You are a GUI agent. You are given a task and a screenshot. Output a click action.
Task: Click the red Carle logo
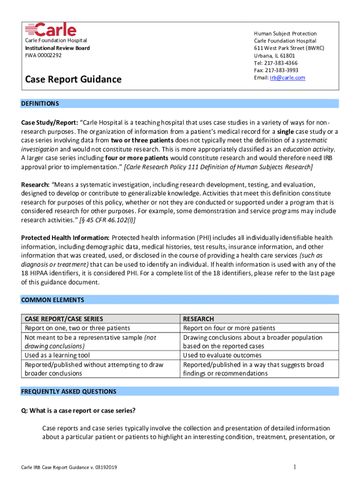tap(50, 29)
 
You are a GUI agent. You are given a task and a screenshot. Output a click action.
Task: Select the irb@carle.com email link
tap(287, 78)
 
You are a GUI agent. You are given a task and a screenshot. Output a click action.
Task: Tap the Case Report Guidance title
tap(73, 80)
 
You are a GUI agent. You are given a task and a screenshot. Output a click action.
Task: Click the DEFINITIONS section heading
tap(40, 103)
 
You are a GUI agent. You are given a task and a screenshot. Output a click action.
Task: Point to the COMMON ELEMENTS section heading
tap(52, 300)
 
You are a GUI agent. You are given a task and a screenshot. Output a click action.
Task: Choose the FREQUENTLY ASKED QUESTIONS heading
tap(69, 392)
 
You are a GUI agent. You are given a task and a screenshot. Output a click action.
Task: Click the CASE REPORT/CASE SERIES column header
tap(64, 319)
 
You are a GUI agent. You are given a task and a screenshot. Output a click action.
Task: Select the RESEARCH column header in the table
tap(198, 319)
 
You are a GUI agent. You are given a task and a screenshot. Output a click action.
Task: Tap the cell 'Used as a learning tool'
tap(57, 356)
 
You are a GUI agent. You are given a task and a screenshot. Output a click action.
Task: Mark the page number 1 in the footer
tap(295, 467)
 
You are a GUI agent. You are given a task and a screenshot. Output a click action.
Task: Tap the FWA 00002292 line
tap(43, 55)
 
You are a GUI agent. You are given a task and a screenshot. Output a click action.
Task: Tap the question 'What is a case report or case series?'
tap(78, 411)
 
